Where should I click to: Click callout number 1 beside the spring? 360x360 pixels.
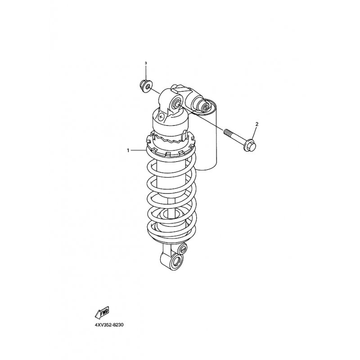coord(128,150)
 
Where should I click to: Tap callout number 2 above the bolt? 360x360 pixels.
coord(257,124)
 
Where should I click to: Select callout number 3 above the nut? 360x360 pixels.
coord(145,63)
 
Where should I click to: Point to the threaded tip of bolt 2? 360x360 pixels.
coord(227,132)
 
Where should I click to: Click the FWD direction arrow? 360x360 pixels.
coord(102,312)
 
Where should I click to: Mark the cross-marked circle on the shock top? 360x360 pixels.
coord(161,117)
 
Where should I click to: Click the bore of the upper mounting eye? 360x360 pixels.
coord(177,103)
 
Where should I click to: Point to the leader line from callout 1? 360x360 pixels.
coord(138,150)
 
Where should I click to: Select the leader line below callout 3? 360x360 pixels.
coord(145,73)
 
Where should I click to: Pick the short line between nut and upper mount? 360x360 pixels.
coord(156,91)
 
